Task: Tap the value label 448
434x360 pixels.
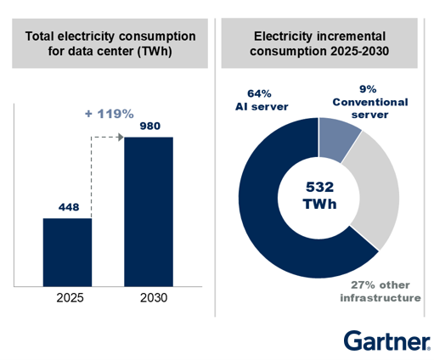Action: pyautogui.click(x=67, y=206)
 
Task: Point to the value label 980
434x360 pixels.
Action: pyautogui.click(x=149, y=126)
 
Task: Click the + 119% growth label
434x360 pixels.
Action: pyautogui.click(x=108, y=112)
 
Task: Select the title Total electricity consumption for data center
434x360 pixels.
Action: pyautogui.click(x=110, y=44)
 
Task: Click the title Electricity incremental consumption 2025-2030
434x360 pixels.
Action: pyautogui.click(x=321, y=44)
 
